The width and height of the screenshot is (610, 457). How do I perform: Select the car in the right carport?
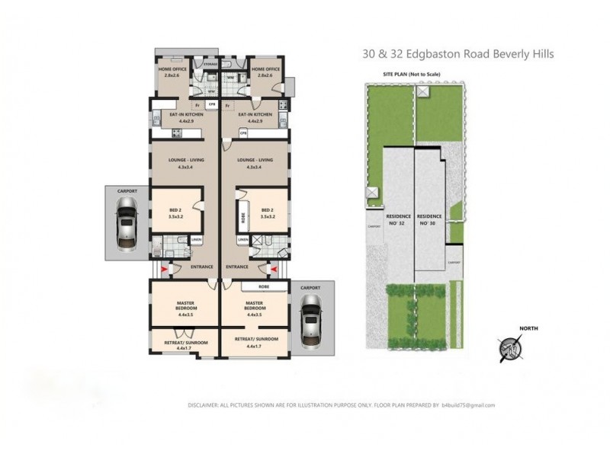point(310,320)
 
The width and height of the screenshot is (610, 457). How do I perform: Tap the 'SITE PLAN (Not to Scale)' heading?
point(412,74)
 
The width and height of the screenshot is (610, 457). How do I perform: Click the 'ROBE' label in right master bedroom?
point(264,287)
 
